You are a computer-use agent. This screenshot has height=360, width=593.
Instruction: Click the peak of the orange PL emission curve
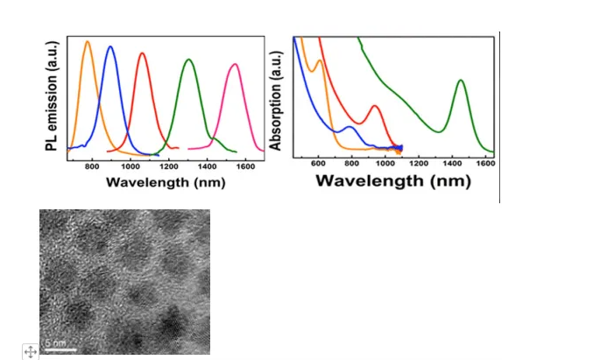click(x=88, y=42)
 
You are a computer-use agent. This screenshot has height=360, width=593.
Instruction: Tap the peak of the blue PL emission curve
click(x=110, y=46)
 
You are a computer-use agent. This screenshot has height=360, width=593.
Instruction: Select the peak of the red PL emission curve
click(x=142, y=53)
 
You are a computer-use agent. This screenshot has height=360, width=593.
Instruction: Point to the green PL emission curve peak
click(x=188, y=60)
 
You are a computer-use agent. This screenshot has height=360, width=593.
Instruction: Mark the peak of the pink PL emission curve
click(x=234, y=64)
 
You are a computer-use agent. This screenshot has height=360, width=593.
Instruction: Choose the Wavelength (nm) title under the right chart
click(x=393, y=181)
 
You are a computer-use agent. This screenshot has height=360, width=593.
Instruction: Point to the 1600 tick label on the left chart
click(x=246, y=165)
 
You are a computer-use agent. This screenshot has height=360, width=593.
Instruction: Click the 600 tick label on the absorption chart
click(x=318, y=164)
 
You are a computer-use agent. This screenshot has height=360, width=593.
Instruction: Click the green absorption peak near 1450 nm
click(x=460, y=81)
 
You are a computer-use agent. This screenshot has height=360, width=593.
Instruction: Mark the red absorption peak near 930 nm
click(x=375, y=106)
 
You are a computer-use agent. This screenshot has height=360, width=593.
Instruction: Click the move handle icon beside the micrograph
click(x=29, y=351)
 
